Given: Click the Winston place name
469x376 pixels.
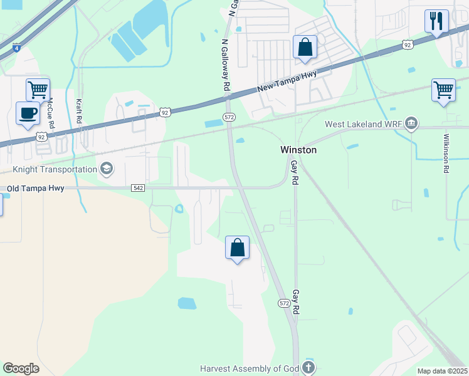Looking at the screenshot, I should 298,150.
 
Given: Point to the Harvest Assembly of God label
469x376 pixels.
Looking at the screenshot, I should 251,367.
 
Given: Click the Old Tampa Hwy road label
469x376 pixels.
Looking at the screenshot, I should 35,188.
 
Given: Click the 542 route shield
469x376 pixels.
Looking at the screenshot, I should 139,188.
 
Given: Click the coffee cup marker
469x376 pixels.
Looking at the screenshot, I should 27,113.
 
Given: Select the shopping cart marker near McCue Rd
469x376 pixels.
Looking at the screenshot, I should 38,90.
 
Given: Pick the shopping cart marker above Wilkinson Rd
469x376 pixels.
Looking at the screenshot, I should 443,90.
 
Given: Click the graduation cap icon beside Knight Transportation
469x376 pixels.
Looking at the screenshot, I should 106,168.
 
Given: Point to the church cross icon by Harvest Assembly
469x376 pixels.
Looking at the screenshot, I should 308,367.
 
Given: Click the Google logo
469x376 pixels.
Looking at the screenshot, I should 21,368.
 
